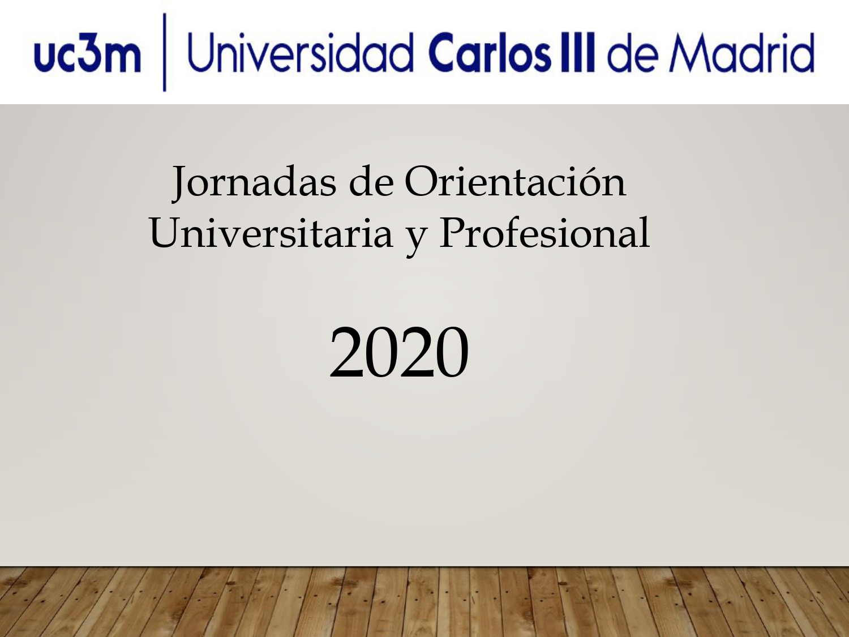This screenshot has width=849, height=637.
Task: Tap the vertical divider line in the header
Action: (x=165, y=52)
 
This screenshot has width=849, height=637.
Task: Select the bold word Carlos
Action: (x=489, y=52)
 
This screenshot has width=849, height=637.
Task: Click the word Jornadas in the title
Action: (x=254, y=182)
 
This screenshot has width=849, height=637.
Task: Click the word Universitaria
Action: (x=271, y=232)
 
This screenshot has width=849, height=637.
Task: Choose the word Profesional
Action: (x=544, y=232)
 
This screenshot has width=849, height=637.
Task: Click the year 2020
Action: (x=399, y=352)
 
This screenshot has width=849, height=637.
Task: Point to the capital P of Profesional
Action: (x=453, y=232)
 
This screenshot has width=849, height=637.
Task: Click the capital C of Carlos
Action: (x=445, y=53)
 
